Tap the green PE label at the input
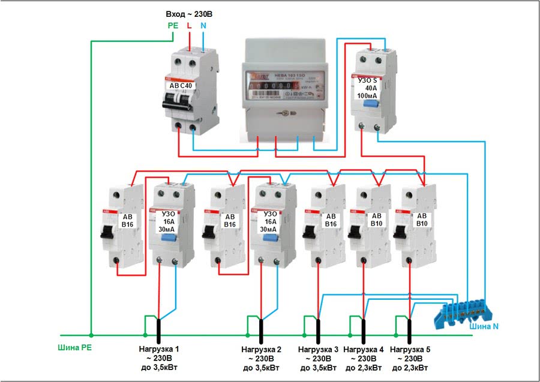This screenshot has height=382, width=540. [173, 26]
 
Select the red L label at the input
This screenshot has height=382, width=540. [190, 26]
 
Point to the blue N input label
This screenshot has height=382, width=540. [203, 26]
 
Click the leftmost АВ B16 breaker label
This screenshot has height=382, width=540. [128, 221]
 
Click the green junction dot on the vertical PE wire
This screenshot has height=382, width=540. [91, 335]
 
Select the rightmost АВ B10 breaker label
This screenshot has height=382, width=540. [422, 220]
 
